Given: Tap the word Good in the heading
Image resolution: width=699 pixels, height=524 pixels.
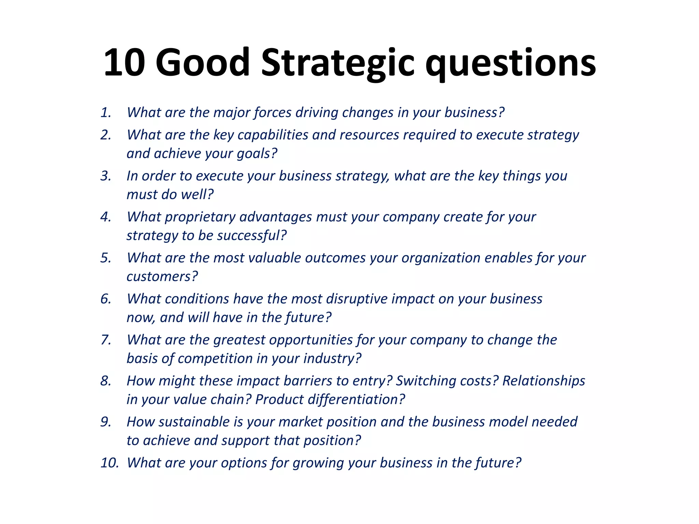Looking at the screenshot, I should pyautogui.click(x=203, y=63).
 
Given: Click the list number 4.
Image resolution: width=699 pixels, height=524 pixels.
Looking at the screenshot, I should pyautogui.click(x=106, y=217).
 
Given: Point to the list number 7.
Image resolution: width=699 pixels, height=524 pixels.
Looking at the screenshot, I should pyautogui.click(x=106, y=340).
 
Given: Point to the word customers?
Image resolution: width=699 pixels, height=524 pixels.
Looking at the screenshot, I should pyautogui.click(x=162, y=277).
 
